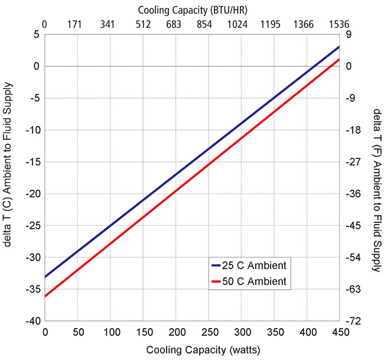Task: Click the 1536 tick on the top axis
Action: pos(339,24)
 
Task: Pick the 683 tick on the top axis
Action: pos(174,24)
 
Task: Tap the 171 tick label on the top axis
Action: pos(74,24)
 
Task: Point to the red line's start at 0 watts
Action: pos(45,296)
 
